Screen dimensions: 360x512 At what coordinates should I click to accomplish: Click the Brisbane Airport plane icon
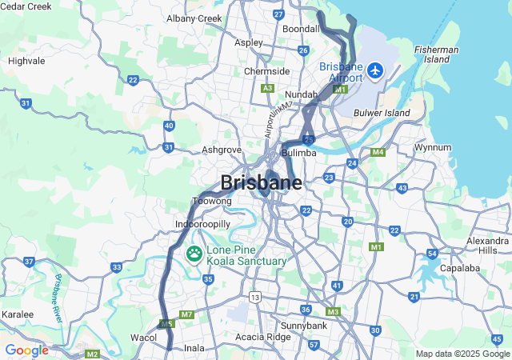click(374, 70)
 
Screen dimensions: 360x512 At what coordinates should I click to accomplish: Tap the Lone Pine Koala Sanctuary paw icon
click(194, 254)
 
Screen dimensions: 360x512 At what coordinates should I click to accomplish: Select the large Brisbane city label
click(261, 182)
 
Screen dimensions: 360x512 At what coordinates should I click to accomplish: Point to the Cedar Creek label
click(26, 6)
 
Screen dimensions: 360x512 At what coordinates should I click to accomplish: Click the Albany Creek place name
click(194, 18)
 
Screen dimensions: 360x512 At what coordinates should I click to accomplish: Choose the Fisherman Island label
click(437, 54)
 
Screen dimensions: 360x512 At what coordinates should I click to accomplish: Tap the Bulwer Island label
click(382, 114)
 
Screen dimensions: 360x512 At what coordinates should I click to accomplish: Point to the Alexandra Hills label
click(487, 245)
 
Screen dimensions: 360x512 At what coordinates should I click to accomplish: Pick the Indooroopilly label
click(203, 224)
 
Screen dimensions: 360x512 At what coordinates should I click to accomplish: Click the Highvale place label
click(26, 61)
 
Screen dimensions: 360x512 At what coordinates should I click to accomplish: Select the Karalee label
click(17, 314)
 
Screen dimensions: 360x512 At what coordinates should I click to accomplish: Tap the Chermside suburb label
click(266, 71)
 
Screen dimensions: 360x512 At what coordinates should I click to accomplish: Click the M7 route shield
click(186, 314)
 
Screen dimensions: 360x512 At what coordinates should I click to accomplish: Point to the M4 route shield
click(378, 152)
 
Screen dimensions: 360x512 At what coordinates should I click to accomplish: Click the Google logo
click(26, 350)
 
